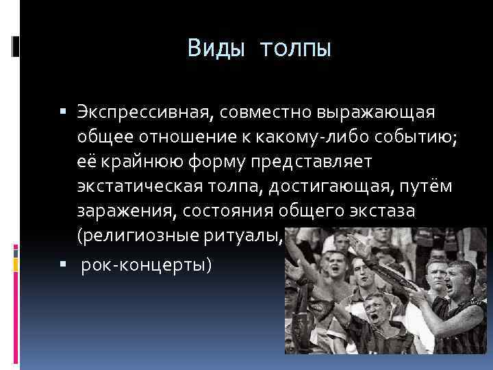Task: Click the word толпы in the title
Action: pos(295,49)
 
